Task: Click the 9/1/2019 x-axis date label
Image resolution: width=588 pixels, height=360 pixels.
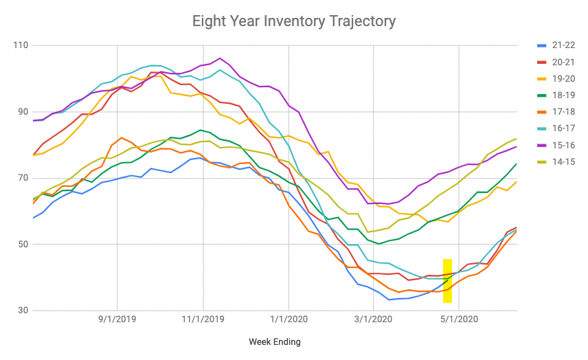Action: click(117, 319)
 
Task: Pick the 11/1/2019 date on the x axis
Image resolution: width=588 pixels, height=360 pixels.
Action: click(203, 319)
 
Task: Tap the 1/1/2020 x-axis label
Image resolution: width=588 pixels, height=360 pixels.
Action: click(287, 319)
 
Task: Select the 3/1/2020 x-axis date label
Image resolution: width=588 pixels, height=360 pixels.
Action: click(372, 319)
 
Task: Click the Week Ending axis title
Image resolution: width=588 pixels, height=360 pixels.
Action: click(274, 341)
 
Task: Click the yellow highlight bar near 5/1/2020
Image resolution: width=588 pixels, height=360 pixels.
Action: click(447, 281)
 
